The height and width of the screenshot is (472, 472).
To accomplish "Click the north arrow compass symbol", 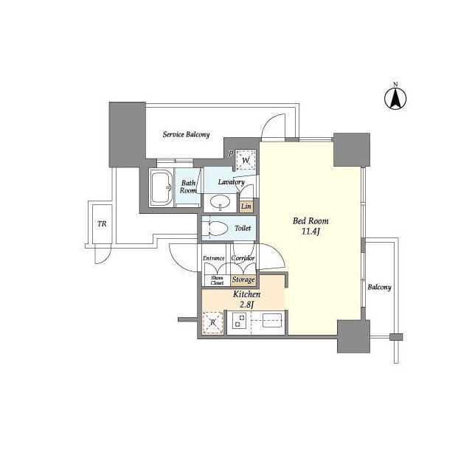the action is (x=395, y=98).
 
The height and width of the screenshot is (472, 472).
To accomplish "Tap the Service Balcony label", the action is (x=186, y=134).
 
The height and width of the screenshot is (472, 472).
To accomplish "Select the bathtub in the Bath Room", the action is (x=161, y=188).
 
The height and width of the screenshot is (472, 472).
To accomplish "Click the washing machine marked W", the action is (x=246, y=161).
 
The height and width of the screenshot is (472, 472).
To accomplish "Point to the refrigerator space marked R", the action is (x=213, y=323).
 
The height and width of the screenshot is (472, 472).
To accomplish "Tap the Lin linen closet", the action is (x=246, y=206).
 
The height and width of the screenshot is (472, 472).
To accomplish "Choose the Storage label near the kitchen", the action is (x=243, y=280).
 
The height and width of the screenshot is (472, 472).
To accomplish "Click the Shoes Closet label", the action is (x=217, y=280).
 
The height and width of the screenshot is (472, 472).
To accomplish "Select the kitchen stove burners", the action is (x=240, y=320).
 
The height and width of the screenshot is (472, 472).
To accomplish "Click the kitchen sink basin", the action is (x=272, y=320).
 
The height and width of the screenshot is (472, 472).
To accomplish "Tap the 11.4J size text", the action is (x=310, y=232).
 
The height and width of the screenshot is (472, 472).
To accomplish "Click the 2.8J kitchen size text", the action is (x=246, y=305).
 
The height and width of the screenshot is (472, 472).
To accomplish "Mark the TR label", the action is (x=102, y=224).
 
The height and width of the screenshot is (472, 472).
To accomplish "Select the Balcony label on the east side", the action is (x=379, y=287).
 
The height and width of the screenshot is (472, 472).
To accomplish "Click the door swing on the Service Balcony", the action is (x=274, y=128).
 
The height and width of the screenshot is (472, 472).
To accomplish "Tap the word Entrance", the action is (x=213, y=258).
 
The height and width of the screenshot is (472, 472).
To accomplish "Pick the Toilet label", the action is (x=243, y=228).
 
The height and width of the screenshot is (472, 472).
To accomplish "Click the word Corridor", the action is (x=243, y=258).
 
